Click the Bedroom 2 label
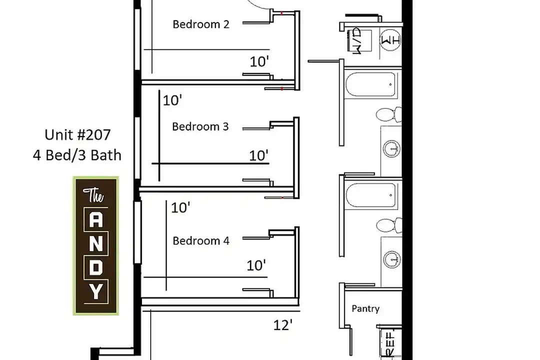pyautogui.click(x=201, y=24)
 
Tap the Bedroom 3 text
pyautogui.click(x=200, y=126)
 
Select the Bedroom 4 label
pyautogui.click(x=201, y=240)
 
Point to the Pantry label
pyautogui.click(x=365, y=308)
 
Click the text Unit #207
pyautogui.click(x=77, y=134)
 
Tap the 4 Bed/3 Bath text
pyautogui.click(x=77, y=155)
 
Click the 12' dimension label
pyautogui.click(x=282, y=325)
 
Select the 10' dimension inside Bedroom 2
pyautogui.click(x=259, y=61)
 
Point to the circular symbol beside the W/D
pyautogui.click(x=390, y=40)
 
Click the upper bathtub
pyautogui.click(x=370, y=84)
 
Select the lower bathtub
pyautogui.click(x=370, y=195)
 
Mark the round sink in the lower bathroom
pyautogui.click(x=392, y=259)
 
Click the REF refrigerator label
pyautogui.click(x=391, y=344)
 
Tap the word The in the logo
pyautogui.click(x=93, y=195)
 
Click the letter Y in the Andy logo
pyautogui.click(x=95, y=292)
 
